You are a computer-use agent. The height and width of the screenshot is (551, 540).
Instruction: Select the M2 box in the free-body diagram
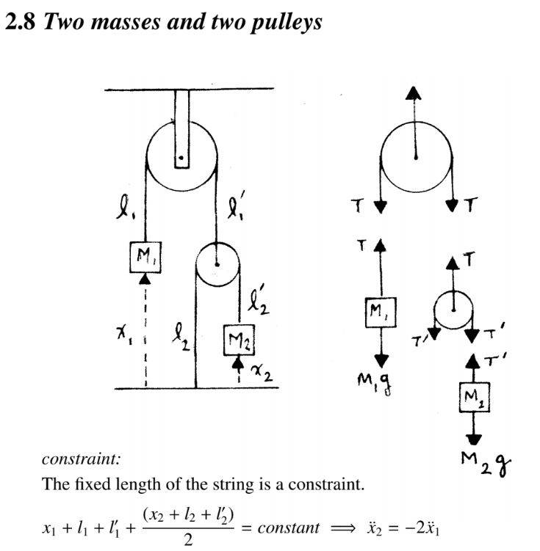point(474,398)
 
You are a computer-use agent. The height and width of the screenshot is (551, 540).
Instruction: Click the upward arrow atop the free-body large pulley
point(414,95)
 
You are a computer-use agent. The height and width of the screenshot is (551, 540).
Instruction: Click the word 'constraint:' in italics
point(82,460)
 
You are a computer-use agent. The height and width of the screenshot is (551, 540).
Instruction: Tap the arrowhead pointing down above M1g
point(381,360)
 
